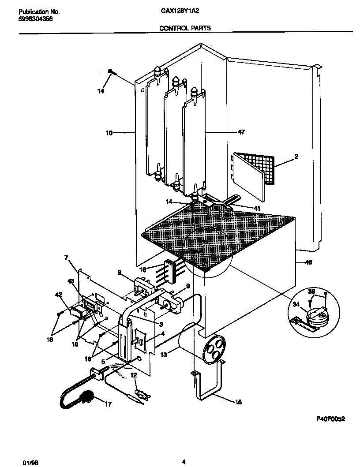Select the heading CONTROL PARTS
coord(184,28)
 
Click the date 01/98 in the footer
coord(29,462)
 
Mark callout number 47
coord(241,132)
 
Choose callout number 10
coord(109,132)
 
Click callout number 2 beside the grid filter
coord(296,157)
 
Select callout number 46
coord(308,262)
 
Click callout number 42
coord(58,295)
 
